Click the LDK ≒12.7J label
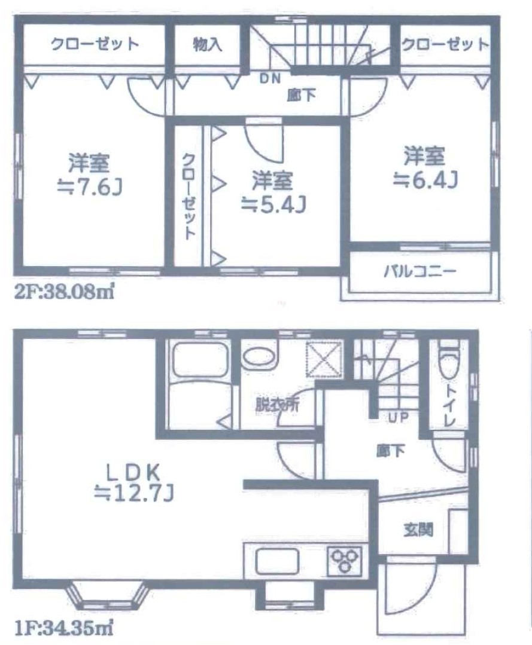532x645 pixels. click(x=133, y=482)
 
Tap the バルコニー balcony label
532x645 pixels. click(x=420, y=271)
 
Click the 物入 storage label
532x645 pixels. click(x=208, y=44)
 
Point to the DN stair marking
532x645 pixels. click(x=270, y=78)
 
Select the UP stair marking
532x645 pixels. click(x=398, y=418)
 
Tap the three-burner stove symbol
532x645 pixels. click(x=345, y=561)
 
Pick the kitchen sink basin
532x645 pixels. click(x=276, y=561)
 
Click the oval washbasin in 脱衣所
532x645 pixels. click(x=259, y=357)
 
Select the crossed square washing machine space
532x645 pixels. click(x=324, y=359)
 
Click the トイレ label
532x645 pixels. click(x=449, y=406)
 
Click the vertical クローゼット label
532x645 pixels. click(x=189, y=197)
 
